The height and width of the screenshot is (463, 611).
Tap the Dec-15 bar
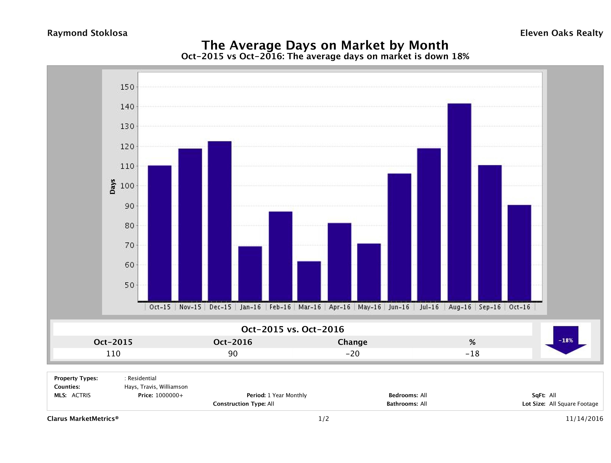[x=220, y=221]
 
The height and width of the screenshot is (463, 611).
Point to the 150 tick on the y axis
[x=127, y=87]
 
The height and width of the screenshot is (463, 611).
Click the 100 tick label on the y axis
[x=127, y=186]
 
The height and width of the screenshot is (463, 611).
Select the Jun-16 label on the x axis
[x=399, y=307]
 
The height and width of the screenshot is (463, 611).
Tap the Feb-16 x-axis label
[x=280, y=307]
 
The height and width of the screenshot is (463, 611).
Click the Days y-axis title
[x=112, y=186]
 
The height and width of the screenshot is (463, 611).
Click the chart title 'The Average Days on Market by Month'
[x=325, y=45]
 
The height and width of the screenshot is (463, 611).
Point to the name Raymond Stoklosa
[x=87, y=33]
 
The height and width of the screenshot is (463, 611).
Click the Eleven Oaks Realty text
[x=561, y=33]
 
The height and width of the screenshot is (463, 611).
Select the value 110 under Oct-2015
[x=113, y=353]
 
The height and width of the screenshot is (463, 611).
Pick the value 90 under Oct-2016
[x=233, y=353]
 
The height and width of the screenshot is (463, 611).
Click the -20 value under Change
[x=353, y=353]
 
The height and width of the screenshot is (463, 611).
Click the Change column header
[x=353, y=342]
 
